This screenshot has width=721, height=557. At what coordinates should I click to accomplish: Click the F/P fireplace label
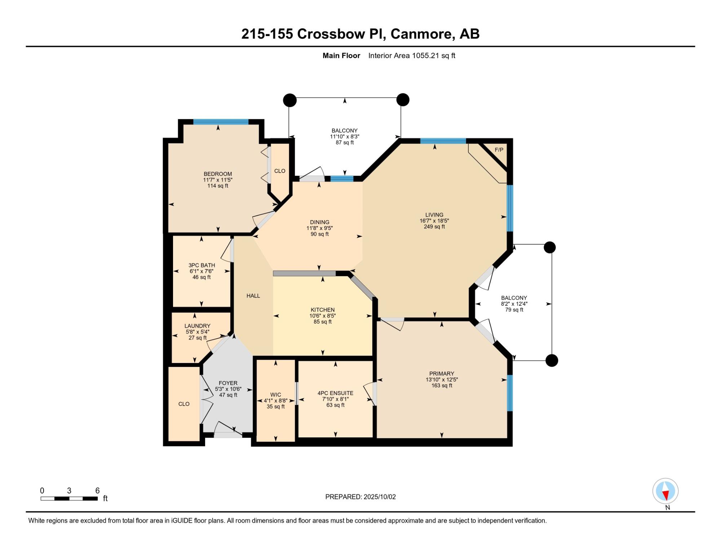pyautogui.click(x=499, y=150)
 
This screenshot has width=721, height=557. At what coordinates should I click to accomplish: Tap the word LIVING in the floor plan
pyautogui.click(x=434, y=215)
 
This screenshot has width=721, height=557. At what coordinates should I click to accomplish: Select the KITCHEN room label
pyautogui.click(x=323, y=310)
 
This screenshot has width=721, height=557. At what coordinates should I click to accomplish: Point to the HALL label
pyautogui.click(x=253, y=296)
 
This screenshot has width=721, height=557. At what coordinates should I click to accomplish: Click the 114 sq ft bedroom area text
pyautogui.click(x=218, y=186)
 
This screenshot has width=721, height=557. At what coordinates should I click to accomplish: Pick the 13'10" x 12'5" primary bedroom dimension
pyautogui.click(x=442, y=380)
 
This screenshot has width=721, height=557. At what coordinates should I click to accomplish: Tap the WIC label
pyautogui.click(x=275, y=395)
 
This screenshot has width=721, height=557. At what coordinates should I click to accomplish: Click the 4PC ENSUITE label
pyautogui.click(x=335, y=393)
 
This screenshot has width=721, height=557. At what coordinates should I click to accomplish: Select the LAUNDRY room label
pyautogui.click(x=197, y=326)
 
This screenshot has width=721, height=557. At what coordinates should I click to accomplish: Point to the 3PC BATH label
pyautogui.click(x=202, y=265)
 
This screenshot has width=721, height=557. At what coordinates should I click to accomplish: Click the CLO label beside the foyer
pyautogui.click(x=184, y=404)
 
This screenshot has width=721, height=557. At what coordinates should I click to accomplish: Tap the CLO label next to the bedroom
pyautogui.click(x=280, y=171)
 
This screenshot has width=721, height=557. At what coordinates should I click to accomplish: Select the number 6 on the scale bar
pyautogui.click(x=97, y=490)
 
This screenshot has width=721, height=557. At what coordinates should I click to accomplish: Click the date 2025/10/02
pyautogui.click(x=380, y=497)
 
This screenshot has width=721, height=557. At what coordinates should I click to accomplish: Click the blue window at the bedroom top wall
pyautogui.click(x=221, y=122)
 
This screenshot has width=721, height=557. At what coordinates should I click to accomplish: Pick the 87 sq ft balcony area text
pyautogui.click(x=345, y=142)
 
